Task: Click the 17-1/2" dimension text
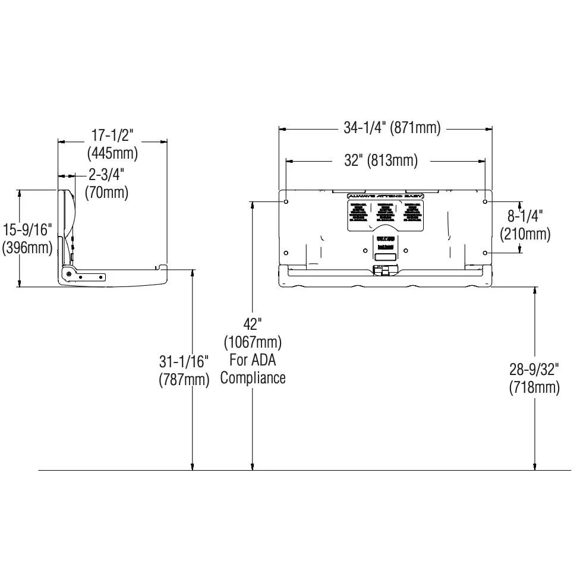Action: click(x=112, y=135)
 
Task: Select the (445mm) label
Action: click(x=112, y=153)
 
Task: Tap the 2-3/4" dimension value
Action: click(x=107, y=174)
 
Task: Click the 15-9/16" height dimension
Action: click(x=28, y=229)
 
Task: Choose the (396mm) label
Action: click(x=28, y=247)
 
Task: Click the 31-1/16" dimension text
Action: click(x=184, y=361)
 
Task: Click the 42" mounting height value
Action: click(x=253, y=324)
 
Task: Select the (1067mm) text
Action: click(x=253, y=342)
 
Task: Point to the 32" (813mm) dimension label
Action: click(x=381, y=160)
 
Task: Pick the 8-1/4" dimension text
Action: click(x=525, y=216)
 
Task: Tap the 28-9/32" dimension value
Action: click(x=534, y=370)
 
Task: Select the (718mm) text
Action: click(x=534, y=387)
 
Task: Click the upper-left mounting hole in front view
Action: click(x=286, y=202)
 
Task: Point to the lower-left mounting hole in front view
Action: click(x=286, y=252)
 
